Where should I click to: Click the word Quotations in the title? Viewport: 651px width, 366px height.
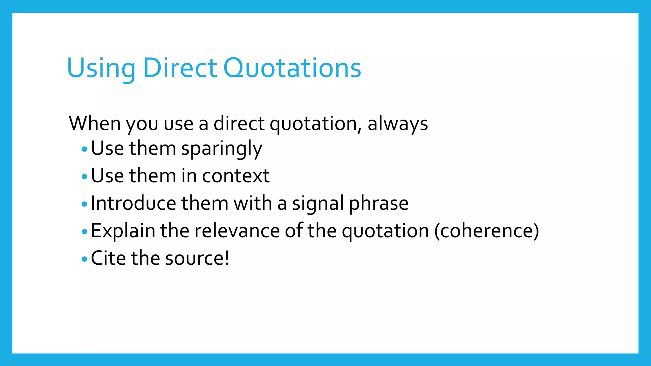[x=292, y=68]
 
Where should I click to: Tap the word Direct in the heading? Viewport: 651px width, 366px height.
[x=180, y=68]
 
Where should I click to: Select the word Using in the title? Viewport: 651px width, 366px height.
[x=101, y=69]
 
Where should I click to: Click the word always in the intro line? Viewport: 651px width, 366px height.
[x=398, y=124]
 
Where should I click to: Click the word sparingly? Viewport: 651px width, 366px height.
[x=222, y=149]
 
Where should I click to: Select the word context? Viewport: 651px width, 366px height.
[x=236, y=176]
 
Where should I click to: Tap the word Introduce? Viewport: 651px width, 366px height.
[x=134, y=203]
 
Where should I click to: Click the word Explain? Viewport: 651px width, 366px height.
[x=123, y=231]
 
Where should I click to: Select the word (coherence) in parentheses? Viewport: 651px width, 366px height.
[x=487, y=231]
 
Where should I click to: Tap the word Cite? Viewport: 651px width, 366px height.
[x=108, y=258]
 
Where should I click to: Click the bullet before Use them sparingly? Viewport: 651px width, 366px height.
[x=84, y=149]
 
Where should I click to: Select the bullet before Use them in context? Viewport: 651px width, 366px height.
[x=84, y=176]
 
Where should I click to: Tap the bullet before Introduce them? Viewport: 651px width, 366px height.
[x=84, y=204]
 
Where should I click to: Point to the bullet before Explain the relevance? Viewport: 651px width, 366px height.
[x=84, y=232]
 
